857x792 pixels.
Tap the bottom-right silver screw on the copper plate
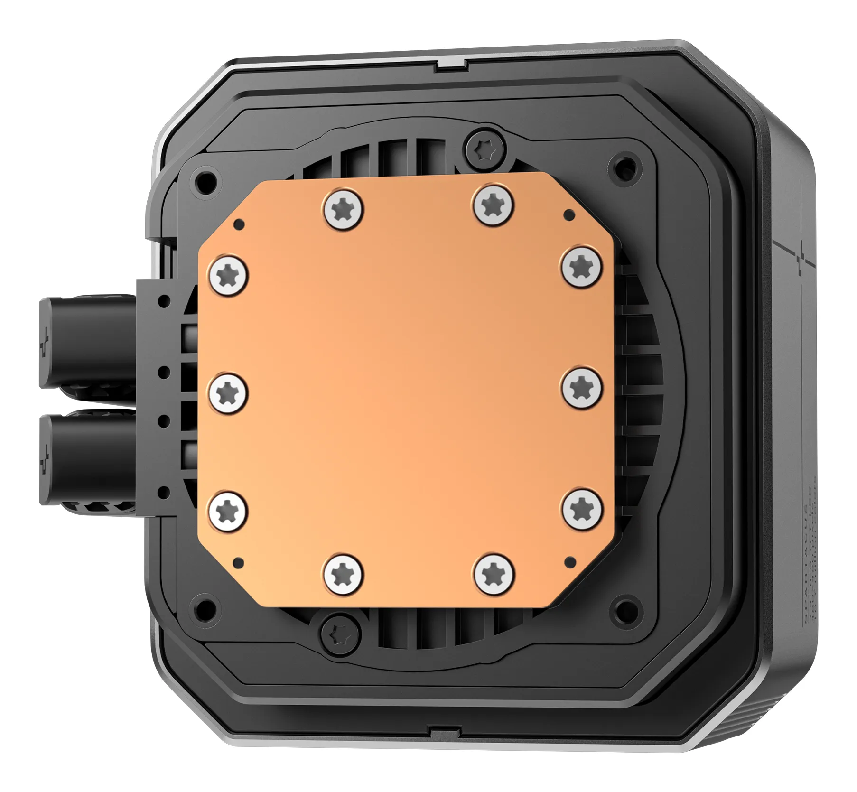494,574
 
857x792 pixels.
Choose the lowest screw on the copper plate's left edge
228,512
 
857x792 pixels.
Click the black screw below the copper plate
341,632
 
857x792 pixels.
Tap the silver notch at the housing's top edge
449,65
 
